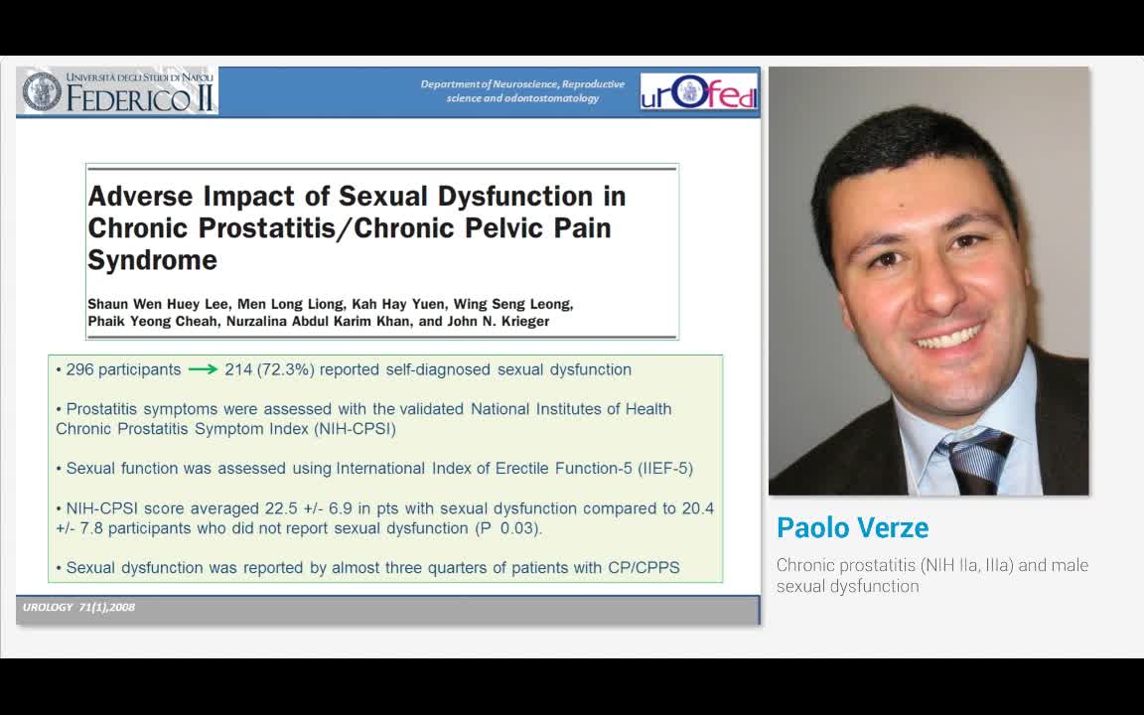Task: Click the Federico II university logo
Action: coord(117,91)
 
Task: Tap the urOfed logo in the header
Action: coord(698,91)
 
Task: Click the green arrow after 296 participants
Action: coord(203,369)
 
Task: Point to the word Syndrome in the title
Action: coord(152,260)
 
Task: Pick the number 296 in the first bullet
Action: coord(79,369)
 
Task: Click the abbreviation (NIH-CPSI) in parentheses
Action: coord(354,429)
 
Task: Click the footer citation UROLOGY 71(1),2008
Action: coord(78,607)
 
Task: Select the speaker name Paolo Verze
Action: coord(852,528)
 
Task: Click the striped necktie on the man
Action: coord(978,459)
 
